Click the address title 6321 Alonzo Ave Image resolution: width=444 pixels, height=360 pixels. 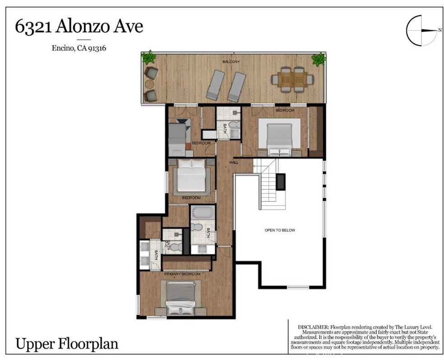79,27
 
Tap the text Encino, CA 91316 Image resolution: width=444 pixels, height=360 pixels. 79,49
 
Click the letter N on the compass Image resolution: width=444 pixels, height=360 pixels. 439,30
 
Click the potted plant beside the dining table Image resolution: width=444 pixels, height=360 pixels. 319,59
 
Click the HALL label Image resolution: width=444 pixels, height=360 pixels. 234,162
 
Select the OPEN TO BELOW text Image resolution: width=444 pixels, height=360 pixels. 279,230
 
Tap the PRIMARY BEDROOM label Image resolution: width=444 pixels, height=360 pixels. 182,274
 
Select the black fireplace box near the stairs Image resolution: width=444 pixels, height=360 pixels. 280,181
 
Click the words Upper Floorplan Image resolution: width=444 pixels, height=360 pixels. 67,344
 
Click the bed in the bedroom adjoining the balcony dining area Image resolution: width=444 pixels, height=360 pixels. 280,137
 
